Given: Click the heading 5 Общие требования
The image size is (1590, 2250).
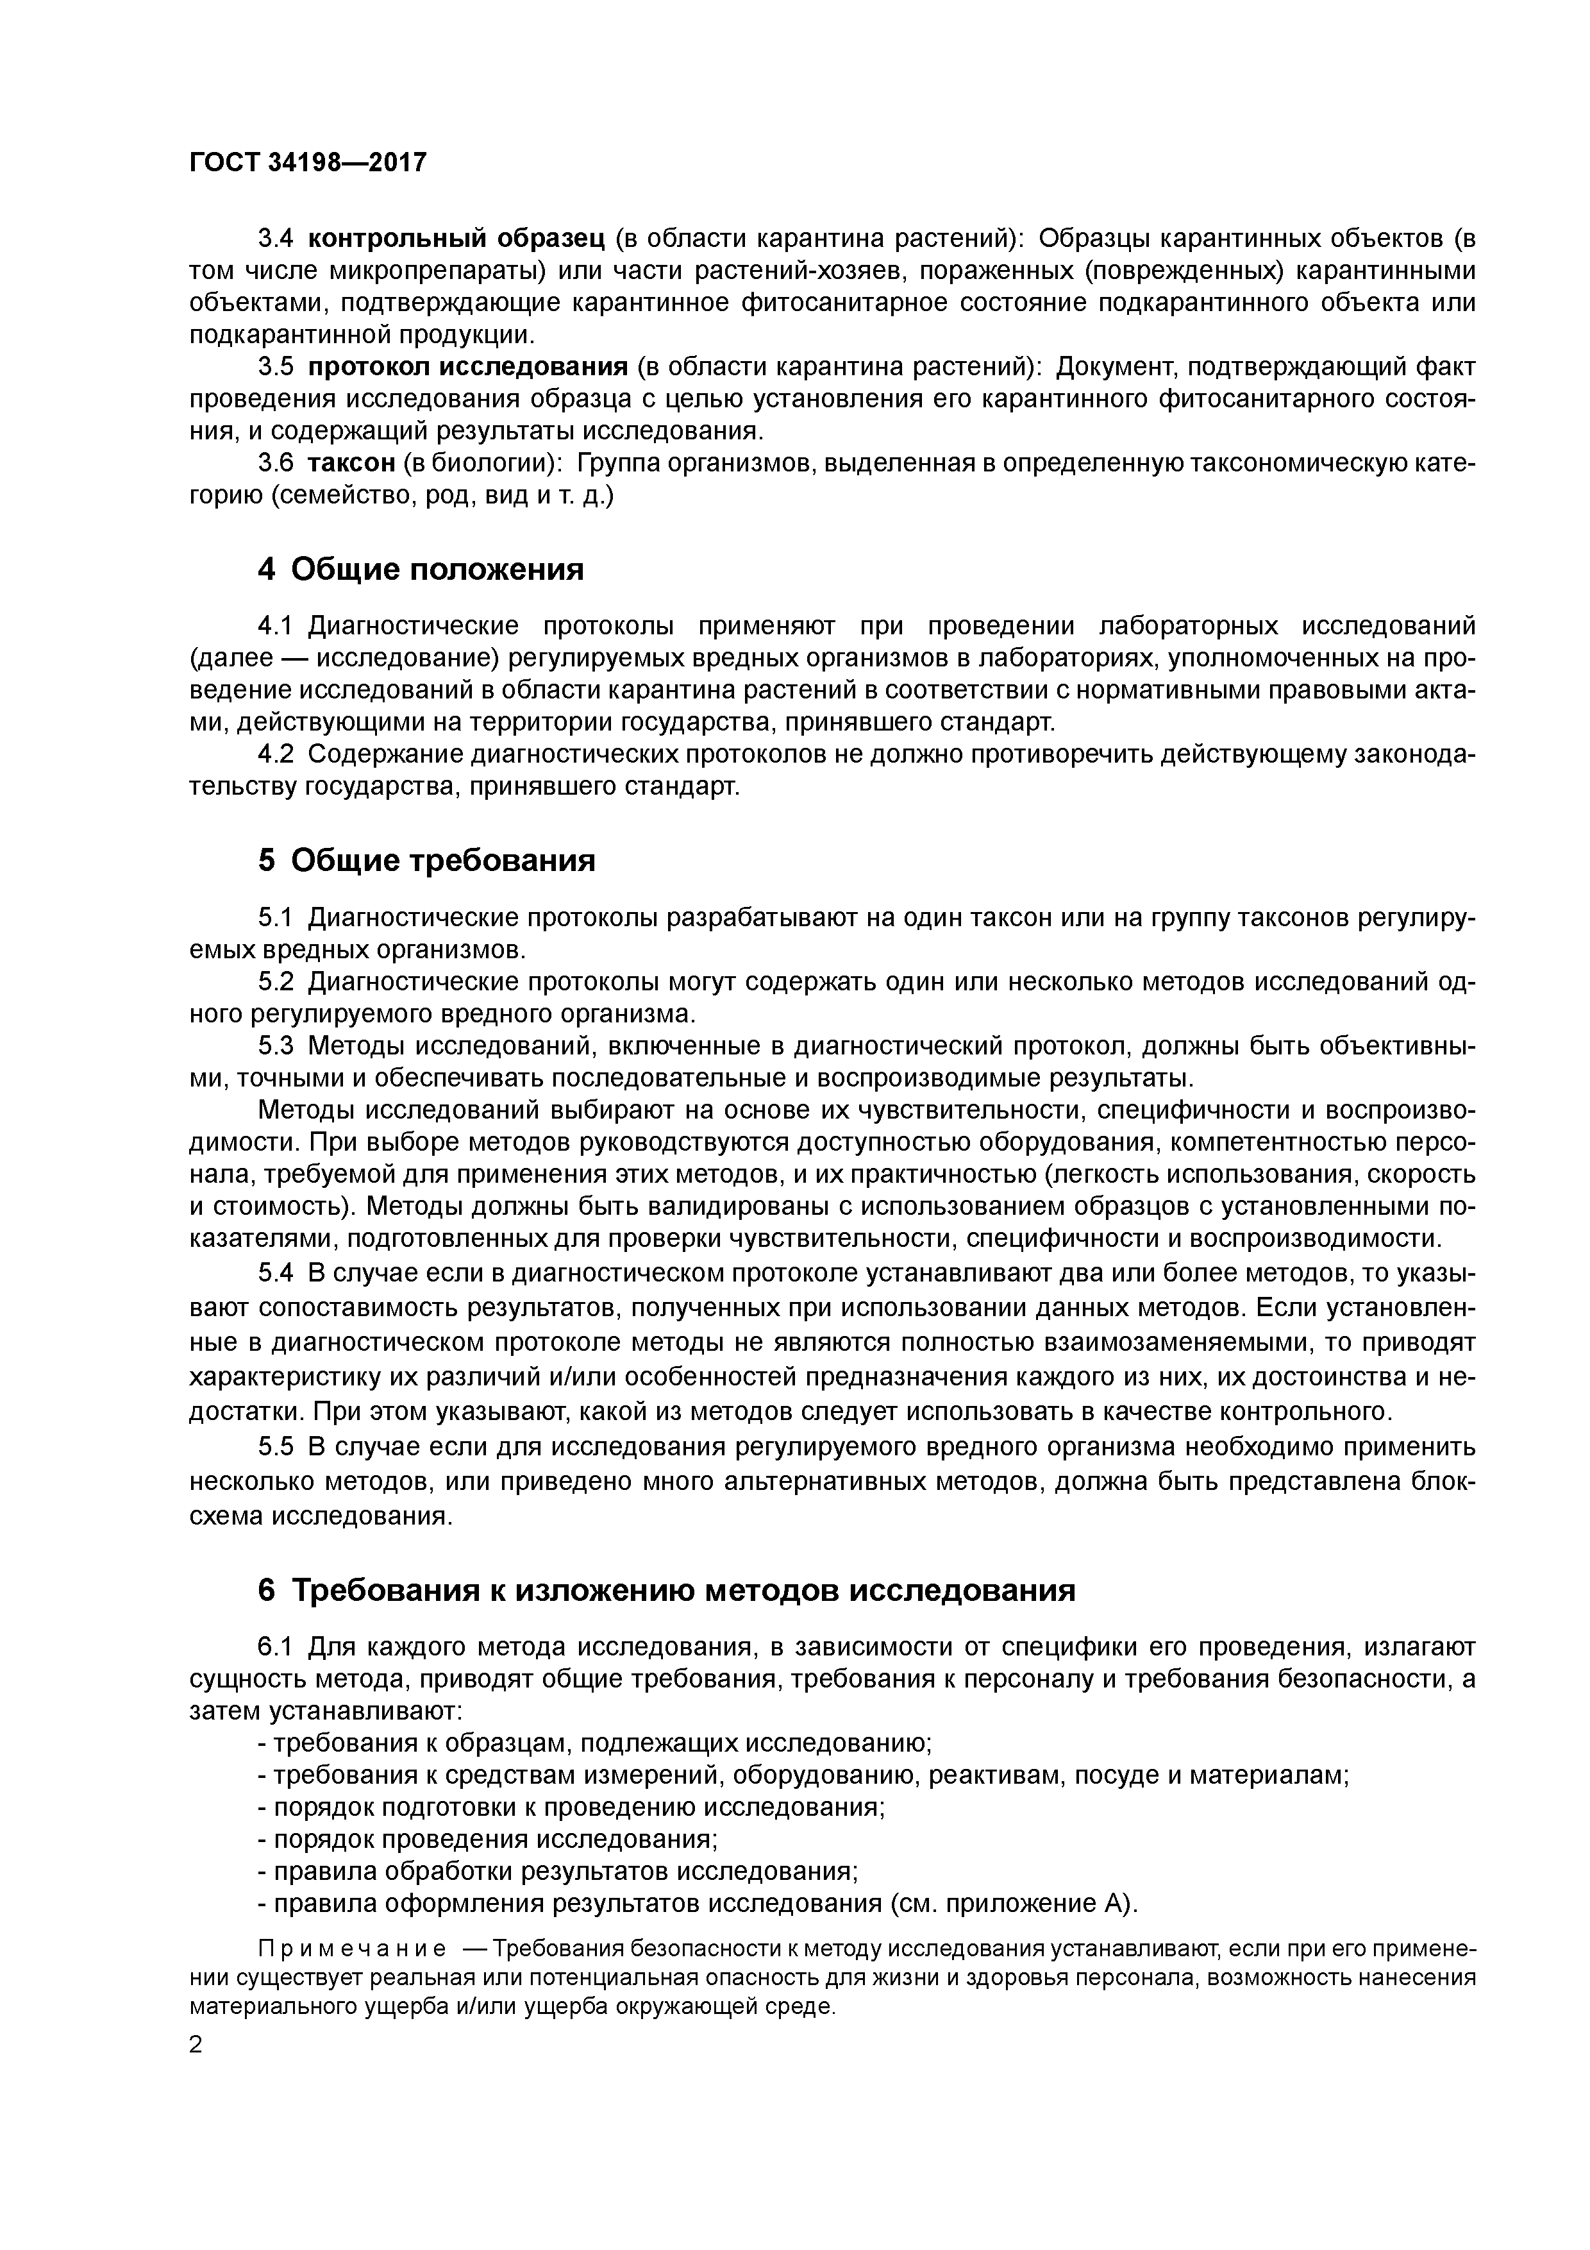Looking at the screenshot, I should pos(426,859).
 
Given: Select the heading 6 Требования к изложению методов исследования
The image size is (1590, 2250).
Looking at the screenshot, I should pos(666,1589).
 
